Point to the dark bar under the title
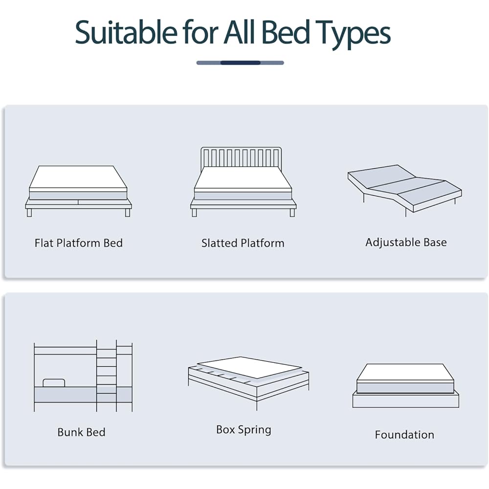240,63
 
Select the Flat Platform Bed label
79,243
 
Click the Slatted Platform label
243,243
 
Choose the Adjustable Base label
406,242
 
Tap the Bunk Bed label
81,432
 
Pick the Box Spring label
244,430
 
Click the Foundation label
404,435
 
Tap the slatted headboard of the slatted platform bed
242,157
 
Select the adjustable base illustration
404,188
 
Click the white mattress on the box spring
249,367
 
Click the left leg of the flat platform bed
29,213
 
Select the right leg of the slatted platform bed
292,213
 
